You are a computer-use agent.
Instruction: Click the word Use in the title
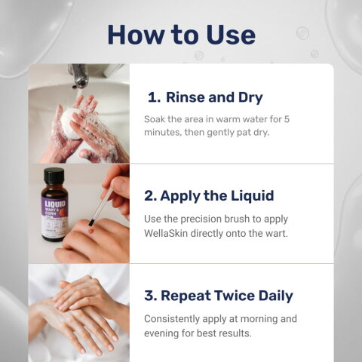click(x=231, y=35)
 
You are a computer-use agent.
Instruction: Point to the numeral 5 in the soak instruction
click(x=287, y=119)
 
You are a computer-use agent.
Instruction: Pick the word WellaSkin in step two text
click(x=166, y=234)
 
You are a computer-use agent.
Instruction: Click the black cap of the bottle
click(x=54, y=175)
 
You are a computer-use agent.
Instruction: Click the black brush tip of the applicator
click(x=91, y=222)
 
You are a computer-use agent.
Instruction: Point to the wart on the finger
click(x=91, y=230)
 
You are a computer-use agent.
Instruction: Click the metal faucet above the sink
click(x=79, y=75)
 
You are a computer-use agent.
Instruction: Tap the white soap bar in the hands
click(x=71, y=123)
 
